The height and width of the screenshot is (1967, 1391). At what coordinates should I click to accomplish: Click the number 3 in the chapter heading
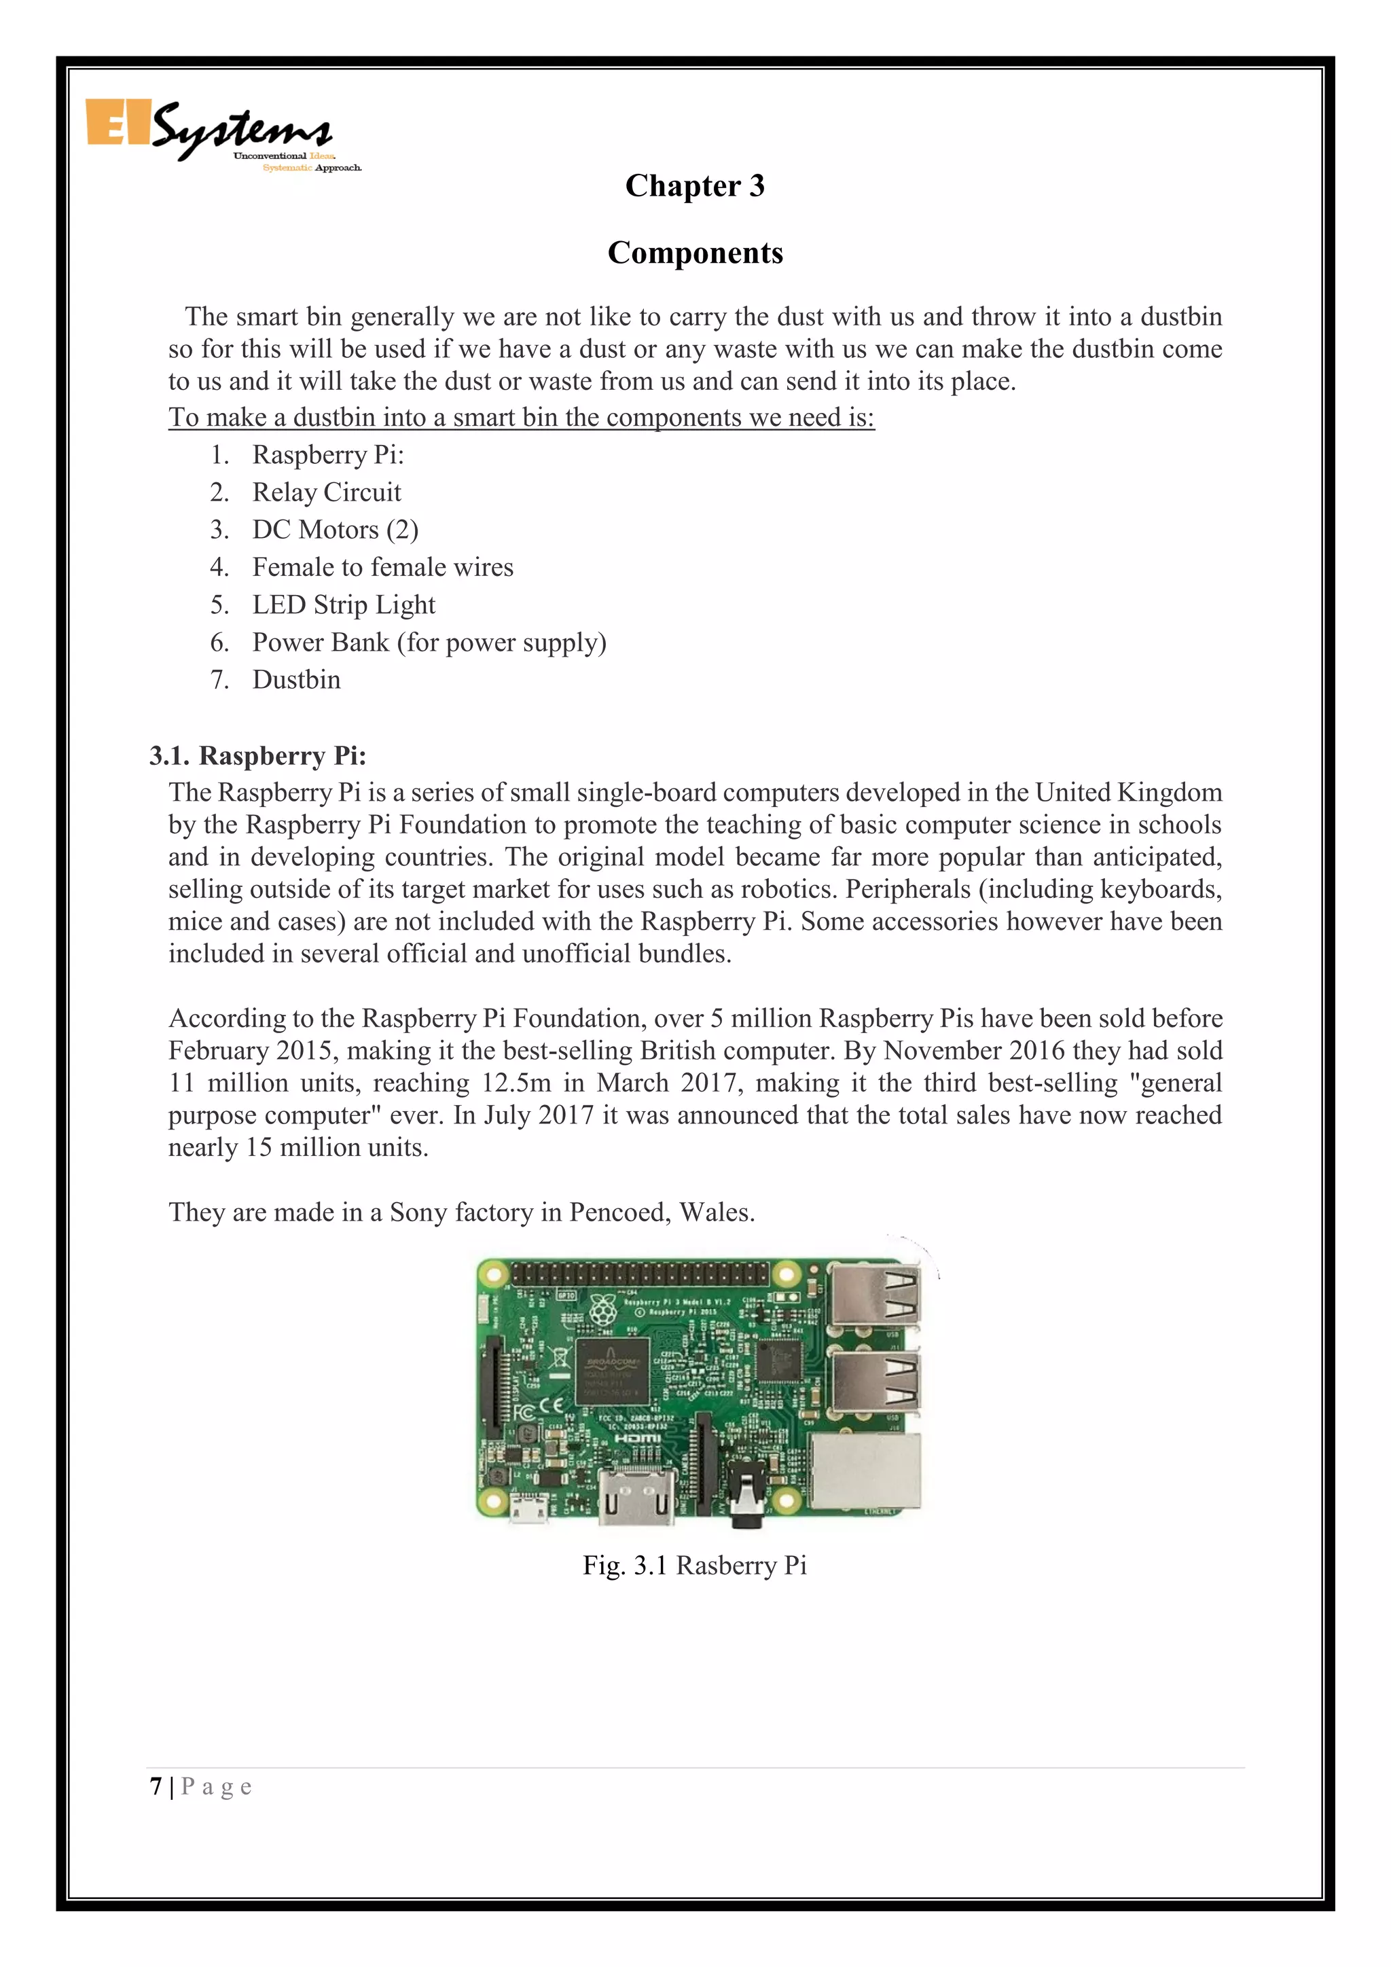click(x=755, y=186)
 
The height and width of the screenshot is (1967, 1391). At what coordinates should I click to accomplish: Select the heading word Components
click(x=695, y=253)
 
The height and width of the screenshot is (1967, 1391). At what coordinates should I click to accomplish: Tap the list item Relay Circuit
click(x=326, y=492)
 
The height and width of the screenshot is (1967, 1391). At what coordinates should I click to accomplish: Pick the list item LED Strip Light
click(x=344, y=604)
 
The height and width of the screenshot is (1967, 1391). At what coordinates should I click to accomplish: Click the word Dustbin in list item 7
click(x=296, y=679)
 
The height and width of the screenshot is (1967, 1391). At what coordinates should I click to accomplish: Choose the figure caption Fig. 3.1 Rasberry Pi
click(x=695, y=1565)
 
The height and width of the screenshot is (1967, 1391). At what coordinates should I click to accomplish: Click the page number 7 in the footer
click(x=156, y=1787)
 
